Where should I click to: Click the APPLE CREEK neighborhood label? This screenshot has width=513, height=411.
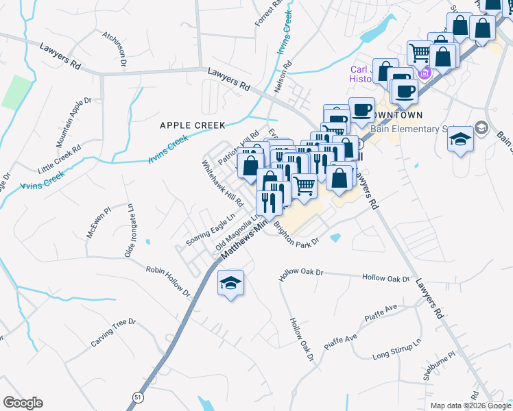[x=193, y=125]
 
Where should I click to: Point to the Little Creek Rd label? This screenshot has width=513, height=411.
[x=60, y=158]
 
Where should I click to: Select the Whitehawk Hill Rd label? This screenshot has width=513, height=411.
[x=222, y=185]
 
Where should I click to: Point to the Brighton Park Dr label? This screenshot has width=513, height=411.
[x=297, y=234]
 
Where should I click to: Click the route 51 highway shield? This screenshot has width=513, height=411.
[x=137, y=397]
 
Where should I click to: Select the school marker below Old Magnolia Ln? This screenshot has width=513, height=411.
[x=230, y=282]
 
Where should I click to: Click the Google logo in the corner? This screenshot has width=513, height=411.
[x=23, y=403]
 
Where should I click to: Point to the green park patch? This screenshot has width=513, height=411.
[x=16, y=92]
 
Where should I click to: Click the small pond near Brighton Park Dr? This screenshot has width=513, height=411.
[x=335, y=238]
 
